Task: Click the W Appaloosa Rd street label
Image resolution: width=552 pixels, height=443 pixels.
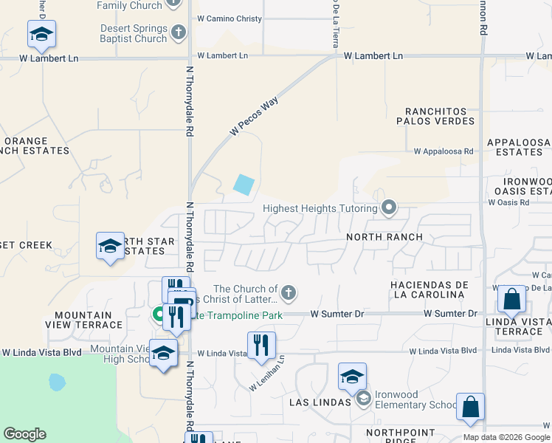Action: click(x=443, y=151)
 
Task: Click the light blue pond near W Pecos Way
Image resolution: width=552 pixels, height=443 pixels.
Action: click(x=244, y=184)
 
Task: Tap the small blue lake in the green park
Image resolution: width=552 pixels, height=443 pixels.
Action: click(x=56, y=382)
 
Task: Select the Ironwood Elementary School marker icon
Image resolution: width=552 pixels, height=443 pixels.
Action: click(x=363, y=399)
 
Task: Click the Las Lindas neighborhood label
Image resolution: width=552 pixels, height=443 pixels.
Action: click(x=320, y=402)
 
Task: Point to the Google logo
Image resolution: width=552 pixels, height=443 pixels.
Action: click(x=24, y=434)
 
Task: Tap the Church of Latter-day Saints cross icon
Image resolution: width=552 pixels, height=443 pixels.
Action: click(x=289, y=293)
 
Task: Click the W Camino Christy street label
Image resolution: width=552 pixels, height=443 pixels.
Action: click(x=230, y=18)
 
